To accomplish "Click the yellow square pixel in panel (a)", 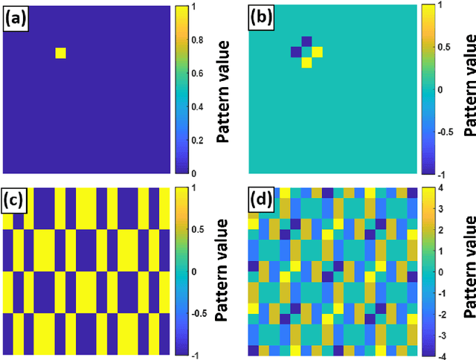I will pyautogui.click(x=60, y=52).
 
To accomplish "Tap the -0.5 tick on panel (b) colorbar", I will pyautogui.click(x=448, y=131).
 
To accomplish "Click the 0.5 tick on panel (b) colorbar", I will pyautogui.click(x=448, y=47).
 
